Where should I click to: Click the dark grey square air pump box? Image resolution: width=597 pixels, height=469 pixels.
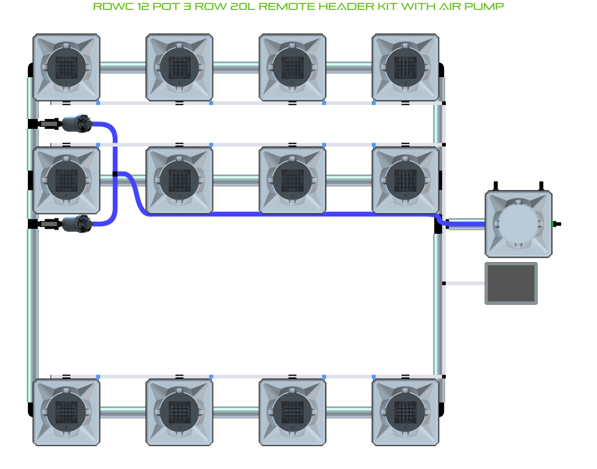click(511, 283)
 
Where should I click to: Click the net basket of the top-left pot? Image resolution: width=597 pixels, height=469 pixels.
click(66, 67)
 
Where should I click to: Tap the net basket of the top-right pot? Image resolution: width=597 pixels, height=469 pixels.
click(405, 67)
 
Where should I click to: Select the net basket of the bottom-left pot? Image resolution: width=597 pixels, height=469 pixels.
click(66, 412)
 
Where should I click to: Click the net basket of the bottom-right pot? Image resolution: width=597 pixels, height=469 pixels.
click(405, 412)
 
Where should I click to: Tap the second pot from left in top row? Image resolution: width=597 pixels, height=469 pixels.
click(180, 67)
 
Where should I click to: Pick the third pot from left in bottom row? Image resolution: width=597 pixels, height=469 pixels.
click(293, 412)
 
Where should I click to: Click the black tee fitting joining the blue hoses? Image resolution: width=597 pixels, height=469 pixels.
click(115, 174)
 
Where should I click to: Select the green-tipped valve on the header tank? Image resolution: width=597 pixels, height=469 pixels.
click(556, 224)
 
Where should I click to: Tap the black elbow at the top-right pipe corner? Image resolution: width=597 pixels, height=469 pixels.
click(441, 70)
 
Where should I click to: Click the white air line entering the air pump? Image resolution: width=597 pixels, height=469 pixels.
click(465, 283)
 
